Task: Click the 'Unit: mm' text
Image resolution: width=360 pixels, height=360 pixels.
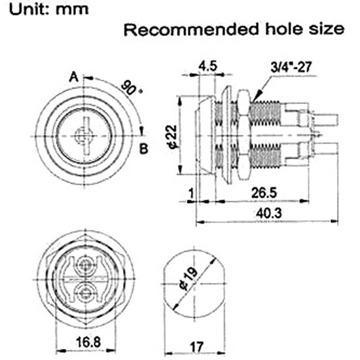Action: pyautogui.click(x=48, y=9)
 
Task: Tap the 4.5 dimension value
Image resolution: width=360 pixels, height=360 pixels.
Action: pyautogui.click(x=207, y=66)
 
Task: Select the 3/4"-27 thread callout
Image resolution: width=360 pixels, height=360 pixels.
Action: pyautogui.click(x=291, y=67)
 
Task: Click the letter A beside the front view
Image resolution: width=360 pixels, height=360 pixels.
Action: pyautogui.click(x=74, y=77)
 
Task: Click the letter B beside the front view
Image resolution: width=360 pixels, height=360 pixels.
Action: pyautogui.click(x=144, y=149)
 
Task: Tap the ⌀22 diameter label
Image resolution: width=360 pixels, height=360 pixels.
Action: pyautogui.click(x=172, y=136)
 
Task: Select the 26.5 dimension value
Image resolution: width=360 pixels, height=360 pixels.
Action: pyautogui.click(x=264, y=192)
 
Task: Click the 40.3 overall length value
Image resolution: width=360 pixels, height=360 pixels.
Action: pyautogui.click(x=268, y=213)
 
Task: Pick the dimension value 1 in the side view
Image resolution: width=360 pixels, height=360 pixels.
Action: pyautogui.click(x=191, y=193)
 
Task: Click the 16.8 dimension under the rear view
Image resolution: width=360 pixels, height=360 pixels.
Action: pyautogui.click(x=88, y=342)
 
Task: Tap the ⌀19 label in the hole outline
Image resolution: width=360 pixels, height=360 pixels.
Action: pyautogui.click(x=189, y=278)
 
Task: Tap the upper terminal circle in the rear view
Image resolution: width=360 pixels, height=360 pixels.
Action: pyautogui.click(x=85, y=265)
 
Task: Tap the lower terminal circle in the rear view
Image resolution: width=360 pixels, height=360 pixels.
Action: pyautogui.click(x=85, y=293)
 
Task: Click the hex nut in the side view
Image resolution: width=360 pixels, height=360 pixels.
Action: pyautogui.click(x=244, y=134)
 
